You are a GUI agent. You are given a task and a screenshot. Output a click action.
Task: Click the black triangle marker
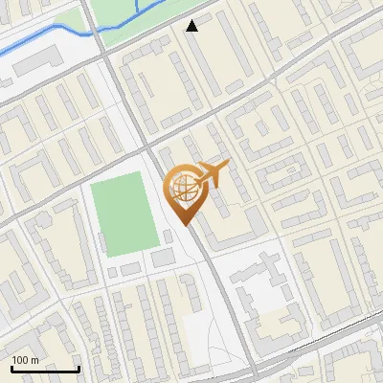point(192,26)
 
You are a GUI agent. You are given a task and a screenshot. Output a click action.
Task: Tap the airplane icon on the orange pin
point(213,173)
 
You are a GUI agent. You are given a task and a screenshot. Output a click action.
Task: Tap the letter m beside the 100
point(34,360)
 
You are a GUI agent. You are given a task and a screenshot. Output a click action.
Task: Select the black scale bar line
point(45,369)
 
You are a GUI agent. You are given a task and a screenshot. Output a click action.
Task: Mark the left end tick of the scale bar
point(11,367)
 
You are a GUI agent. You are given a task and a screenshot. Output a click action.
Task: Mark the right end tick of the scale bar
point(79,367)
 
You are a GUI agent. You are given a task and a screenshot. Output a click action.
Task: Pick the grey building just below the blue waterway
point(38,62)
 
